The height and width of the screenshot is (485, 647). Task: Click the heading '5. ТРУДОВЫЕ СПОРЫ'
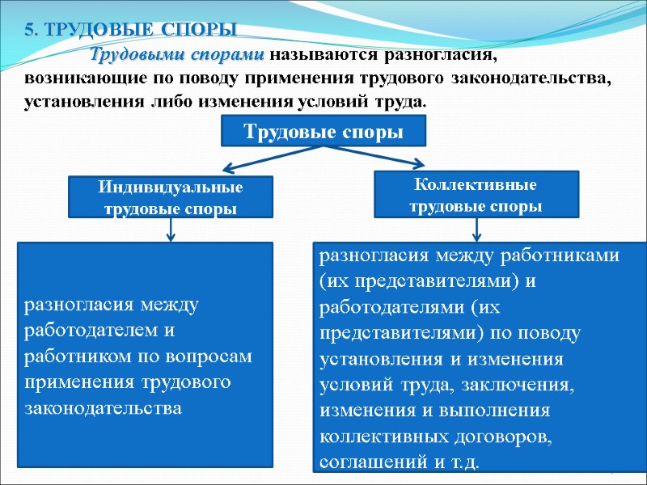click(130, 31)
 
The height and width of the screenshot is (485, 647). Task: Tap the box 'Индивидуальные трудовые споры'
click(171, 197)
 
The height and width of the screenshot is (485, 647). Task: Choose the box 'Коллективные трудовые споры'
click(476, 195)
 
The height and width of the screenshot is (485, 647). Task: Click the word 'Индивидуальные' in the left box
click(171, 188)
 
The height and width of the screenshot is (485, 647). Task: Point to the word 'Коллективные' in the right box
click(476, 185)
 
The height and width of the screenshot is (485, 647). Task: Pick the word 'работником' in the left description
click(71, 356)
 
